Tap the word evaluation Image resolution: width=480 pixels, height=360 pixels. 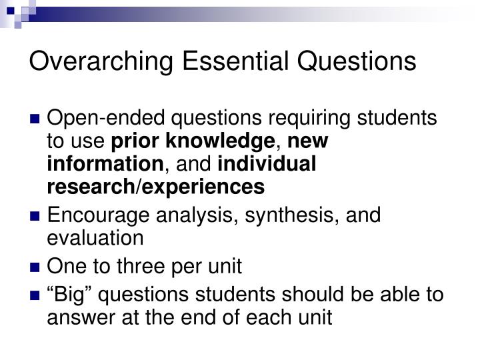coord(95,238)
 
